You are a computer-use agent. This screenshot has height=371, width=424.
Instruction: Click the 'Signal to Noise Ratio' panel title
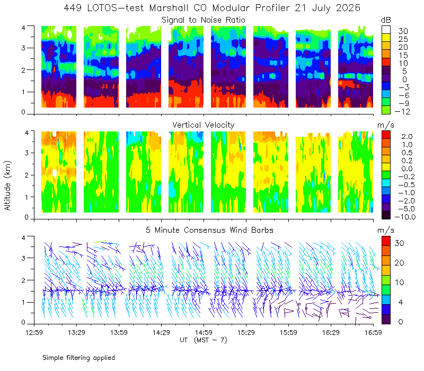point(204,20)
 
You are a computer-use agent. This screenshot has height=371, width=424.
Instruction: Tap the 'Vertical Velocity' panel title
point(204,125)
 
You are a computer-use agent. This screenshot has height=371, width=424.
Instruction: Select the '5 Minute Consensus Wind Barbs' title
point(209,230)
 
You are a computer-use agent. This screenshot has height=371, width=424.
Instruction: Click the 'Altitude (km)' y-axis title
point(7,185)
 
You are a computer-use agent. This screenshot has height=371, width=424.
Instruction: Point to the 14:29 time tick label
point(161,332)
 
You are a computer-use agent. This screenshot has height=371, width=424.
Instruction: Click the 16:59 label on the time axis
point(373,332)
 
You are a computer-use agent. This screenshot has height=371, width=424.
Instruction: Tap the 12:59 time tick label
point(34,332)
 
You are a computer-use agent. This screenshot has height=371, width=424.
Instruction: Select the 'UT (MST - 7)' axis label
point(204,340)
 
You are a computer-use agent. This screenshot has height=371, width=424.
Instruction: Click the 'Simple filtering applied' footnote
point(78,358)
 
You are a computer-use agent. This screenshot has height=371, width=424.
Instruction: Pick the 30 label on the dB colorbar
point(403,31)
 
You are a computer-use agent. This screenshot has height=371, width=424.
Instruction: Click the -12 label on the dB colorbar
point(402,111)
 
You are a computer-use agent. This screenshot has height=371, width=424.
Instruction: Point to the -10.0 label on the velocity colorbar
point(405,217)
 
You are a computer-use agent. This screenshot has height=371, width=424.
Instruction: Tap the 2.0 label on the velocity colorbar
point(407,137)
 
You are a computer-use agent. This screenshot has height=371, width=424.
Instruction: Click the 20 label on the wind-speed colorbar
point(399,263)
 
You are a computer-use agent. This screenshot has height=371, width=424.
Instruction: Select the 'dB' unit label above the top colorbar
point(386,20)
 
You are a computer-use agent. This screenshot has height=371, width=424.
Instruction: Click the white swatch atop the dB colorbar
point(386,30)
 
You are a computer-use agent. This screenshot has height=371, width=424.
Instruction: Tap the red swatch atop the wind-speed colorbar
point(386,241)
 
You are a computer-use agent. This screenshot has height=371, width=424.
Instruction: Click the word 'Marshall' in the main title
point(169,8)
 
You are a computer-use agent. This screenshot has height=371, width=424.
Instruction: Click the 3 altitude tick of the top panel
point(23,48)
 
